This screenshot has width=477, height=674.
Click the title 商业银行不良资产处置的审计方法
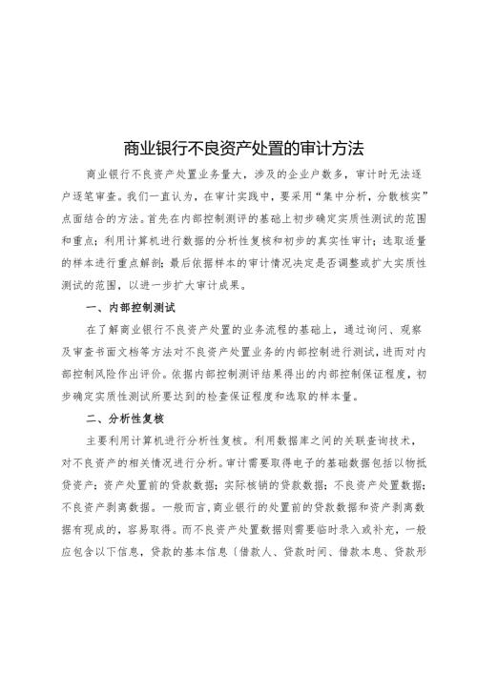pos(239,149)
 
